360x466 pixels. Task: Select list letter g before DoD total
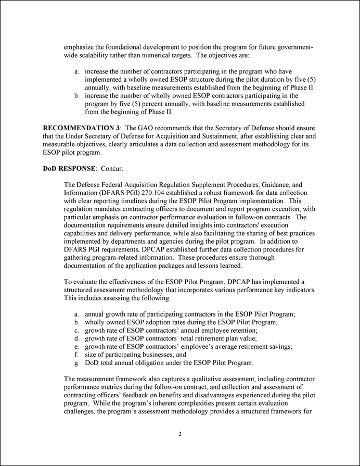coord(77,362)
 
